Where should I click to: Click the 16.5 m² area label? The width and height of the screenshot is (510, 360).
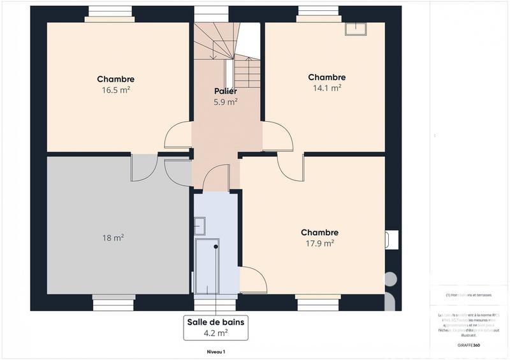pyautogui.click(x=115, y=90)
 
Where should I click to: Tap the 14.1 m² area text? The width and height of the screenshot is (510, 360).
pyautogui.click(x=326, y=89)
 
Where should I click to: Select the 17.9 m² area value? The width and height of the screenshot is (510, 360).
pyautogui.click(x=319, y=243)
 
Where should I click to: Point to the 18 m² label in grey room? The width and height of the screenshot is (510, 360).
pyautogui.click(x=113, y=238)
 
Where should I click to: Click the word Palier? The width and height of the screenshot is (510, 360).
pyautogui.click(x=225, y=91)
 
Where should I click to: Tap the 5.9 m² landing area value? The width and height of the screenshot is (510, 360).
pyautogui.click(x=225, y=101)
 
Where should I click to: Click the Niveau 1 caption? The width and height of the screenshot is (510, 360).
pyautogui.click(x=215, y=352)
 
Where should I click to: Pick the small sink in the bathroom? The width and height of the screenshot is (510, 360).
pyautogui.click(x=200, y=225)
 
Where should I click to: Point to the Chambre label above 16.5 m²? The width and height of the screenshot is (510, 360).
pyautogui.click(x=115, y=79)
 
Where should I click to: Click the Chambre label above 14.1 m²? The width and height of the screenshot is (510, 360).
pyautogui.click(x=326, y=78)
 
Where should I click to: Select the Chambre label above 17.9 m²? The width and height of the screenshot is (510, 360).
pyautogui.click(x=319, y=233)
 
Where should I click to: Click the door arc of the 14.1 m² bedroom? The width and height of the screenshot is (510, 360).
pyautogui.click(x=277, y=136)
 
